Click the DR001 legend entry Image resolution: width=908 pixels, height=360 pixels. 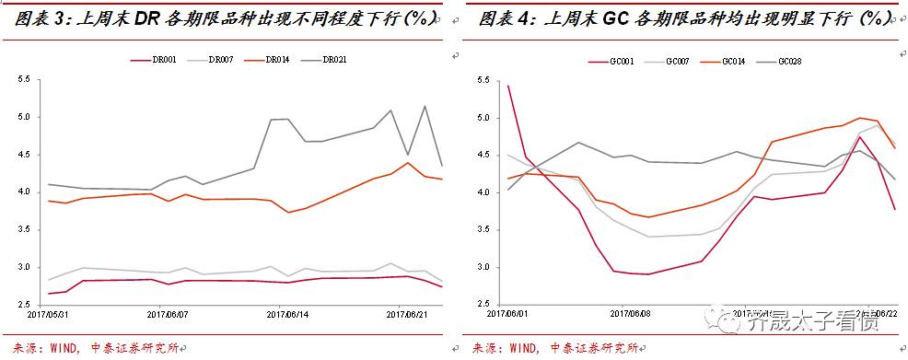point(160,60)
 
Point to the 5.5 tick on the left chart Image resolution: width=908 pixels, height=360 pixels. point(24,80)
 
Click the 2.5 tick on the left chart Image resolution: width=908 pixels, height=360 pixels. point(24,305)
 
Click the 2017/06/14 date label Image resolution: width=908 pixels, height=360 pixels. point(285,315)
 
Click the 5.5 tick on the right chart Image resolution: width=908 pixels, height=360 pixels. point(483,81)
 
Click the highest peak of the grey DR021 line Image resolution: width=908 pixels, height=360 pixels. point(425,106)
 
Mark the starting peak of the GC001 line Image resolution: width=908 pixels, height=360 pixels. point(508,86)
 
